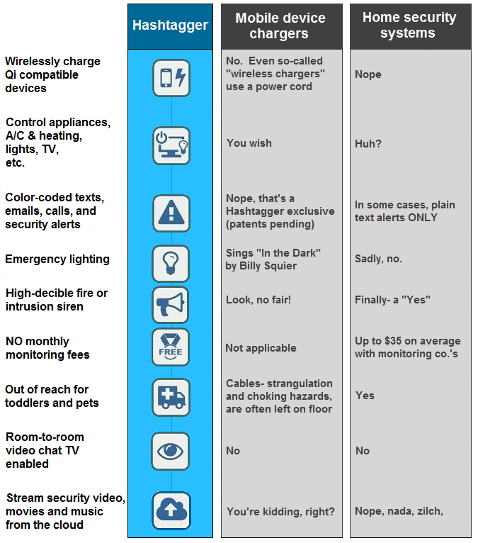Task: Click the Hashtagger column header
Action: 171,26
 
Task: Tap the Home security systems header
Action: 409,26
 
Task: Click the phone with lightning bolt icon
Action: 171,78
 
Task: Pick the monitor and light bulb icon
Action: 171,145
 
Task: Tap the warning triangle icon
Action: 171,213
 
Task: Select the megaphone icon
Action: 171,305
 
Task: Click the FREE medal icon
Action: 171,347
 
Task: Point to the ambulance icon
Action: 171,397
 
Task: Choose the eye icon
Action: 171,451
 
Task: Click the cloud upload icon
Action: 171,510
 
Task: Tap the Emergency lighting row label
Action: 57,259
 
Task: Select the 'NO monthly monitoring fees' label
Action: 47,348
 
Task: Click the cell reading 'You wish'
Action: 249,143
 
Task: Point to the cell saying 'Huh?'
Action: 368,144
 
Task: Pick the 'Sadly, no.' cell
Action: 378,259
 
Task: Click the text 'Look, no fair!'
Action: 258,300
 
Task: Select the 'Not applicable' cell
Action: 261,348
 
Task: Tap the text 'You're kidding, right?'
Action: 280,511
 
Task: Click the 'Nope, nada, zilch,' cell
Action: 399,511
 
